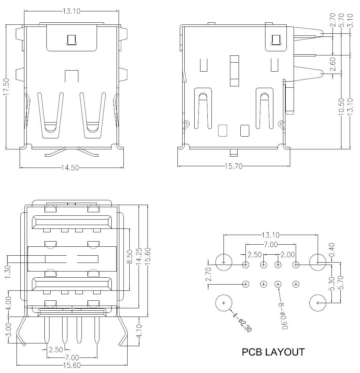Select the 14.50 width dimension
point(70,168)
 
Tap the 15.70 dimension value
point(234,167)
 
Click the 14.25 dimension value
point(139,256)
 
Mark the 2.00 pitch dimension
point(287,255)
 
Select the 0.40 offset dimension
point(331,249)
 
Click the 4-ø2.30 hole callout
point(242,322)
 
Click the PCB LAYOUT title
point(273,352)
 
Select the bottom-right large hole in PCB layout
point(318,303)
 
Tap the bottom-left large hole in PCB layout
point(223,303)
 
